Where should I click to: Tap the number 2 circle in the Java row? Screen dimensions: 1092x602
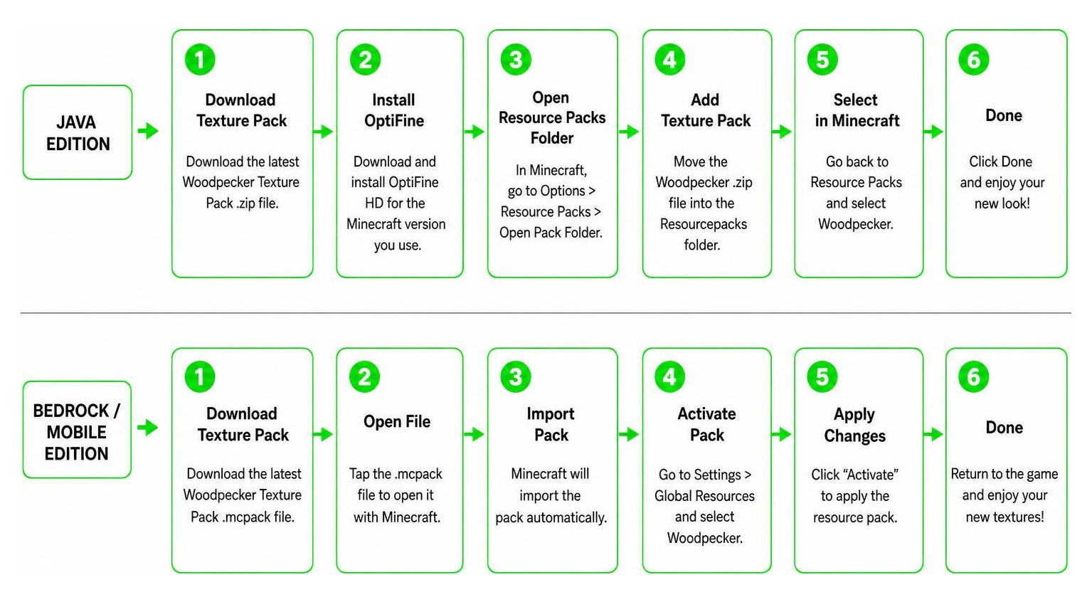point(365,60)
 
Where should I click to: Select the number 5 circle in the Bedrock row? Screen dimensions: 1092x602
point(822,377)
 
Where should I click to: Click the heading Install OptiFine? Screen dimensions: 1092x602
point(394,110)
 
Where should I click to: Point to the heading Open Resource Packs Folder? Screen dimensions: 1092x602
point(552,117)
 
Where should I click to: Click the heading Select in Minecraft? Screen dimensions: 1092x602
point(857,110)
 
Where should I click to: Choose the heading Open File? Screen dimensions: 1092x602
point(397,422)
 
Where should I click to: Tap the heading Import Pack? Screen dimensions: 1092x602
point(551,424)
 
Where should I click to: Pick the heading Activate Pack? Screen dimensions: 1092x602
point(707,424)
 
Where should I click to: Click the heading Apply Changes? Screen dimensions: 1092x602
point(854,425)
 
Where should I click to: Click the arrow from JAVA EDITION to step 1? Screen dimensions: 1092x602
point(148,131)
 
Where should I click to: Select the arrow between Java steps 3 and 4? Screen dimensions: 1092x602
point(629,131)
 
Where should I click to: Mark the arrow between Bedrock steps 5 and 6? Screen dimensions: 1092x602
point(933,434)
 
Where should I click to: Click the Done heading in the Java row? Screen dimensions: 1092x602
point(1004,115)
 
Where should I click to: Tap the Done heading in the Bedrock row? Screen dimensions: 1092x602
point(1004,428)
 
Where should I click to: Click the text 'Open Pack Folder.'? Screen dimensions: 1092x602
point(551,233)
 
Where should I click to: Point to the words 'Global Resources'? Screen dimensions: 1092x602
point(704,496)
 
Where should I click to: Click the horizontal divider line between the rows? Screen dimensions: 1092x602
point(546,312)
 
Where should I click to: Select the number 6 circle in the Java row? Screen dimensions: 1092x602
point(973,60)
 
